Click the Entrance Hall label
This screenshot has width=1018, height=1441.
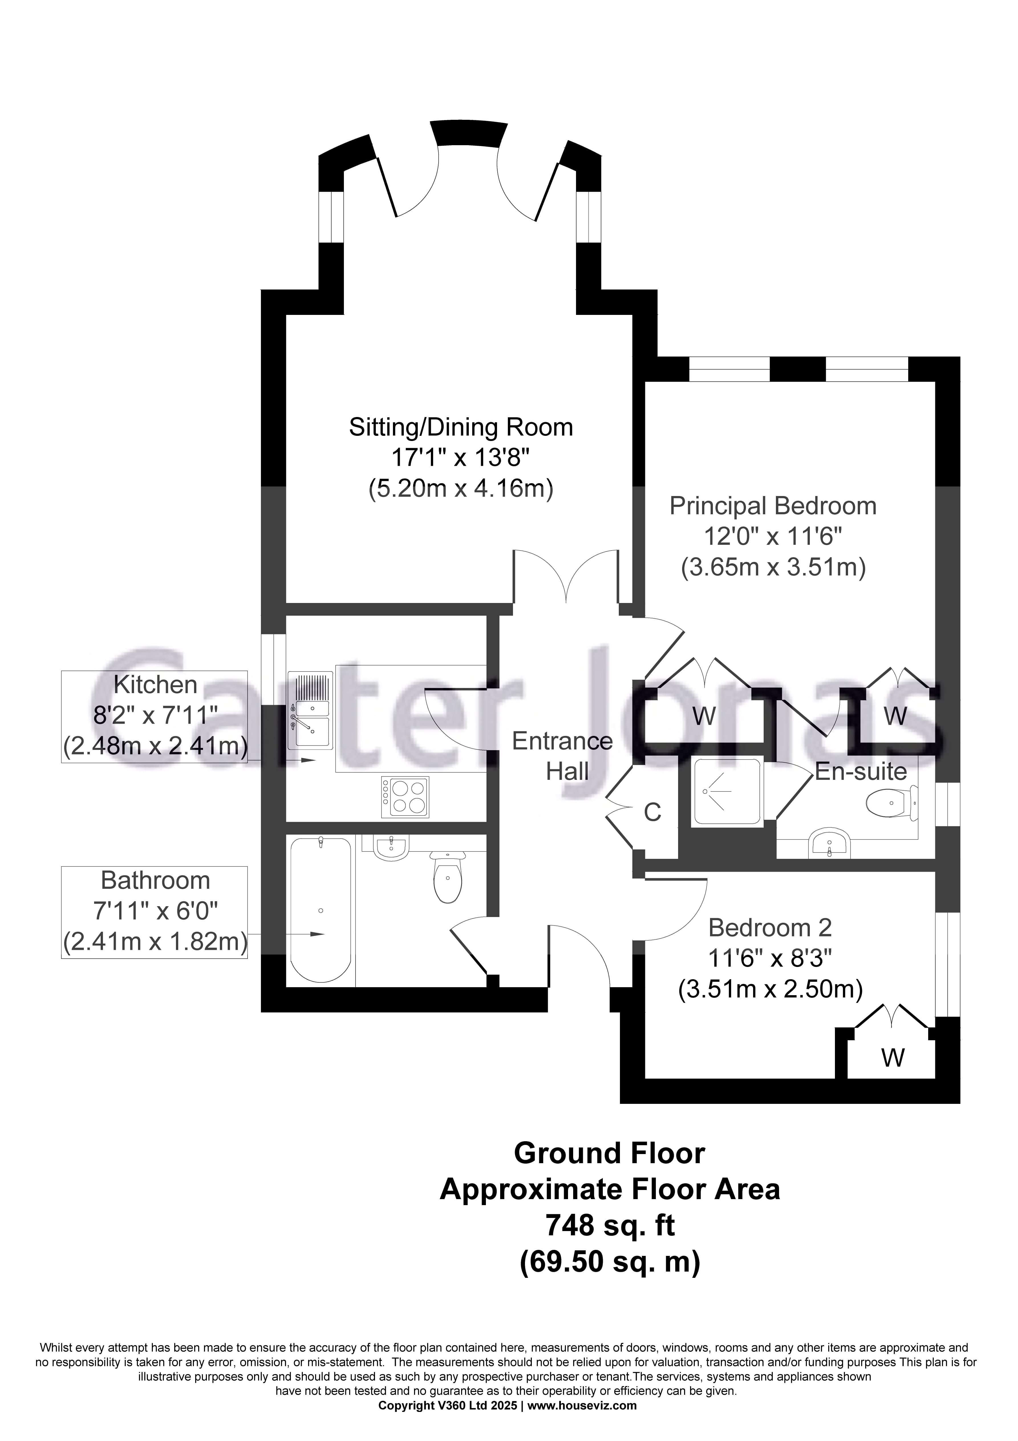562,756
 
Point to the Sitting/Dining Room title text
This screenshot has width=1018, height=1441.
461,427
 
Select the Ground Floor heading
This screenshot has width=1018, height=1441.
609,1153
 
